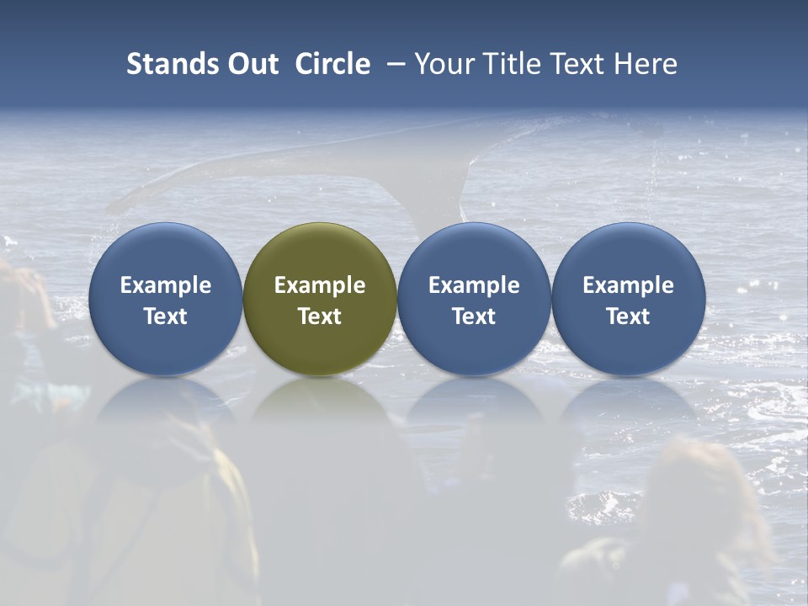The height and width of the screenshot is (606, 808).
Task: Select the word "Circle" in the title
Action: pos(332,64)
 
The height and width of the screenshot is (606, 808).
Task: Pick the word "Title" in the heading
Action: pos(509,64)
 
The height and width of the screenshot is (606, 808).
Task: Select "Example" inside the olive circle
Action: pos(320,285)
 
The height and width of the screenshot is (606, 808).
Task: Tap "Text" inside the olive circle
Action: pos(320,316)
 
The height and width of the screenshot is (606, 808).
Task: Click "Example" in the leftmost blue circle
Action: pos(165,285)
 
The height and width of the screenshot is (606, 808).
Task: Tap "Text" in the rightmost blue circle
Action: pos(628,316)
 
